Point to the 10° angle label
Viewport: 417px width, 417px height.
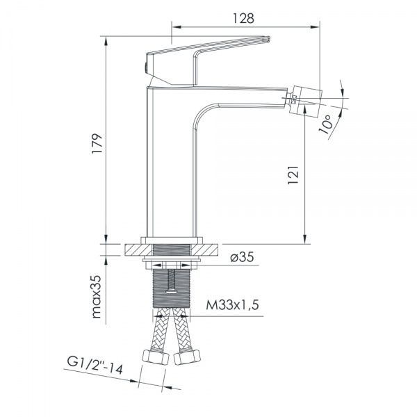click(x=329, y=124)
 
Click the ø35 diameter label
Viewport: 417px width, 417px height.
click(x=240, y=257)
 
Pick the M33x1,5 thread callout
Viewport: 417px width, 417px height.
click(x=232, y=305)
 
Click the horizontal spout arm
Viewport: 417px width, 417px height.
click(x=243, y=94)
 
